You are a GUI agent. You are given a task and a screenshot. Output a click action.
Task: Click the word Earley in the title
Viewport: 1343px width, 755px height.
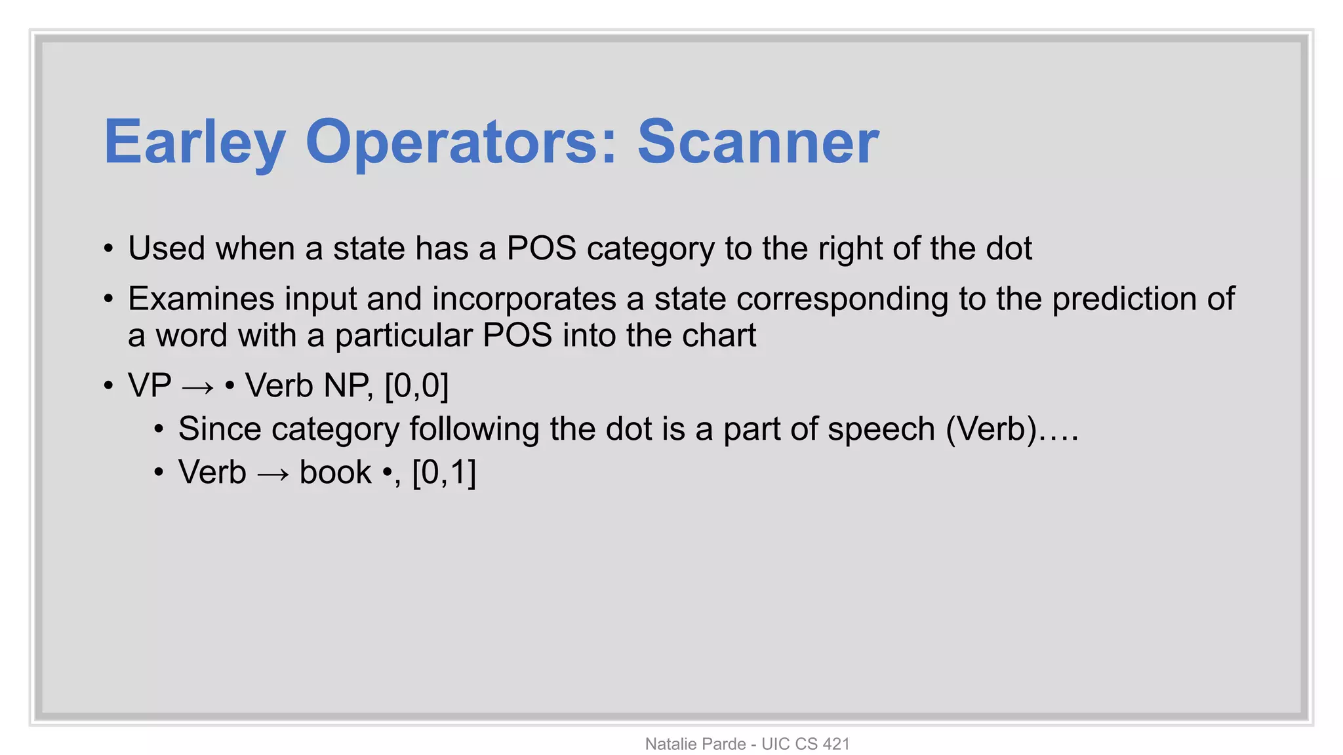[x=195, y=142]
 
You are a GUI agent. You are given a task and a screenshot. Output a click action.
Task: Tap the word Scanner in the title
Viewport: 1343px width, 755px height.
[x=758, y=142]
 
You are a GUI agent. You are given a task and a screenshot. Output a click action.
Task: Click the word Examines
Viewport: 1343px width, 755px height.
[x=201, y=299]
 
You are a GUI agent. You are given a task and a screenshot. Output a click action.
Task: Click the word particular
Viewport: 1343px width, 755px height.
[x=403, y=336]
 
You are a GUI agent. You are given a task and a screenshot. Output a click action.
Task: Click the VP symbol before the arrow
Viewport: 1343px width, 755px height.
[x=150, y=385]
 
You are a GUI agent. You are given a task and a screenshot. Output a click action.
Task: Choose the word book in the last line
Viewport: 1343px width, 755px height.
[x=335, y=472]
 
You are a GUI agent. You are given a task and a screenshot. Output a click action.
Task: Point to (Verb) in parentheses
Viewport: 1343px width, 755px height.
[x=991, y=429]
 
